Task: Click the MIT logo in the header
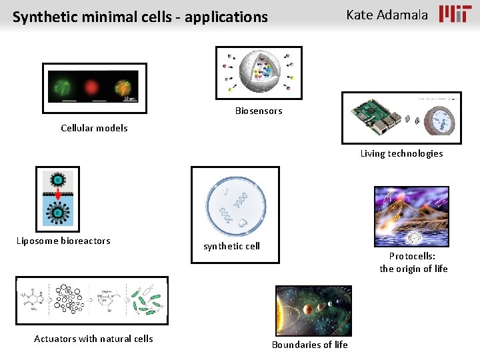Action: [x=455, y=14]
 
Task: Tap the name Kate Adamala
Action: [x=387, y=15]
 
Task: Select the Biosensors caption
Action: [x=259, y=111]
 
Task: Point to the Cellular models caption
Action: [x=94, y=128]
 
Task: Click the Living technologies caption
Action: [x=401, y=153]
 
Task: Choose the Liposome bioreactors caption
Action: [x=63, y=241]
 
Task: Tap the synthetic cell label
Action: [x=231, y=246]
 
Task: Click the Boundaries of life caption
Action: [x=309, y=345]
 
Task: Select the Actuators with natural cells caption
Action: [x=93, y=339]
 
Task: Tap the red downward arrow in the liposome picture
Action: [x=59, y=195]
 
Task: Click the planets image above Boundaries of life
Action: [x=313, y=311]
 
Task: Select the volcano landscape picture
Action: [x=411, y=217]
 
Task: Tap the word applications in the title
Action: [x=226, y=17]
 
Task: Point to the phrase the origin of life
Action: [x=413, y=269]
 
